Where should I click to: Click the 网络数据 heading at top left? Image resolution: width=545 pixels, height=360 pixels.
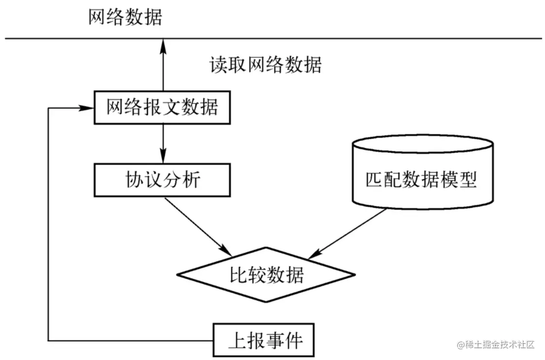(125, 17)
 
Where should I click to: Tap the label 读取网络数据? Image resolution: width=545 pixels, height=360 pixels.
(265, 65)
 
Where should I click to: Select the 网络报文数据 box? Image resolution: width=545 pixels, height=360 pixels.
(162, 107)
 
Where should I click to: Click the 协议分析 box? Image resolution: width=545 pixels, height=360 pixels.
(162, 180)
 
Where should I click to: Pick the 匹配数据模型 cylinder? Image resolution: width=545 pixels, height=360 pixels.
(422, 180)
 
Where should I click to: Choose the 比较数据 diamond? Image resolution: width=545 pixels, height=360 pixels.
(267, 276)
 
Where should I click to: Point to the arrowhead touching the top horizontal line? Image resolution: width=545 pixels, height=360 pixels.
(163, 45)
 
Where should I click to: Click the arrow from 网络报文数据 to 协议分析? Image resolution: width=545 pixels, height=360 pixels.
(163, 143)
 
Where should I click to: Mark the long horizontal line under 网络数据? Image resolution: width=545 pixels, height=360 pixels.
(339, 38)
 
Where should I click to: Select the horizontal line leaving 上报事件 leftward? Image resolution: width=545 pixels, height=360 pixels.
(131, 340)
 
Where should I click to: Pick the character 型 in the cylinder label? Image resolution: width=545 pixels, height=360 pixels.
(468, 180)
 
